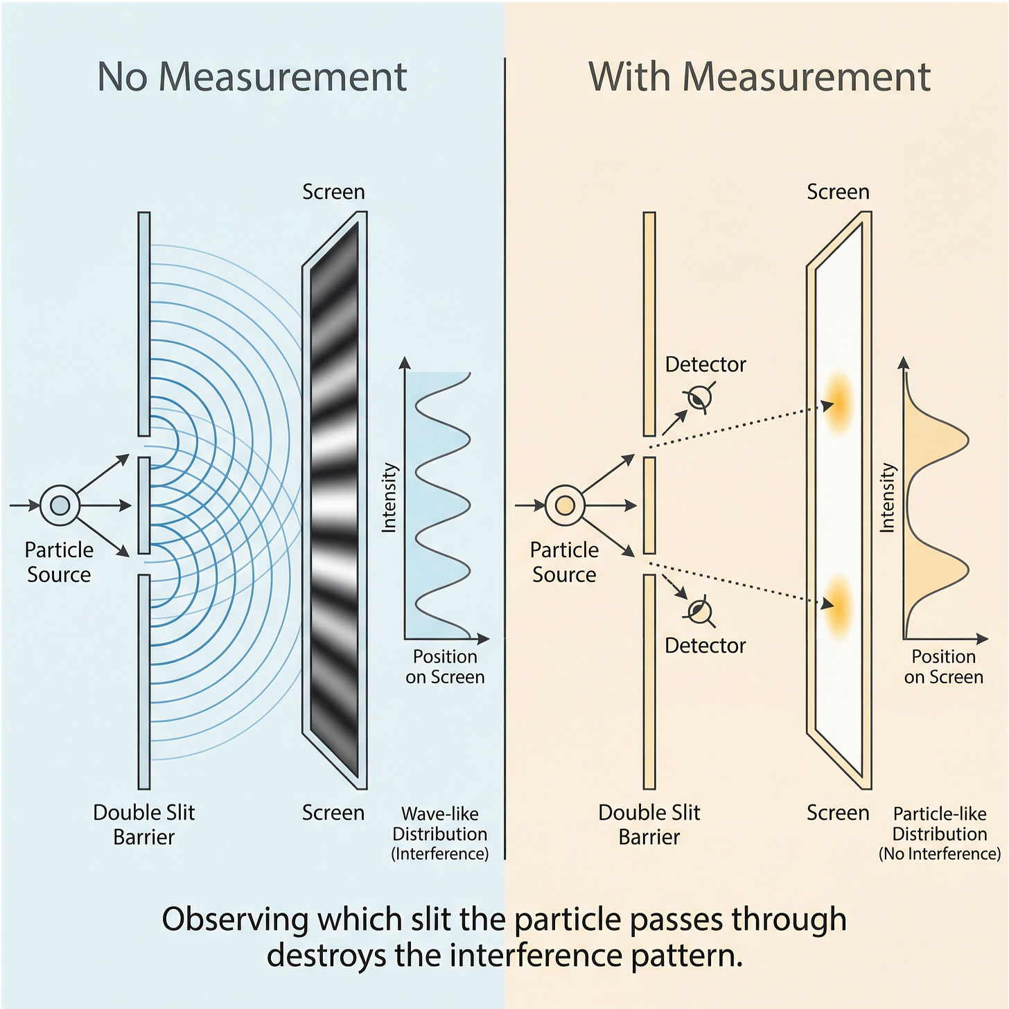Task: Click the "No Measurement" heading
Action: [252, 76]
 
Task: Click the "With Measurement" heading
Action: [759, 76]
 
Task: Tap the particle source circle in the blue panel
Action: [60, 505]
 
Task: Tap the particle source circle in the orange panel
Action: [565, 505]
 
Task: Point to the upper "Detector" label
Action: [705, 365]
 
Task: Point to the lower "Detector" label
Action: [705, 646]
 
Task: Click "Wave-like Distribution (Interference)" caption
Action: [440, 834]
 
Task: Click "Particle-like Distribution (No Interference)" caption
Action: [940, 834]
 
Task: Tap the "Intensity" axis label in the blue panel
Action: [389, 498]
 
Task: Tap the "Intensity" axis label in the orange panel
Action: [887, 498]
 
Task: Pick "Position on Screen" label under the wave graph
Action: [445, 667]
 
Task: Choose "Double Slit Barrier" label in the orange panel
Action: [649, 825]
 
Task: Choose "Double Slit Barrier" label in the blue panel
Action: [144, 825]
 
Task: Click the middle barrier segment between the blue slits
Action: [144, 505]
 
